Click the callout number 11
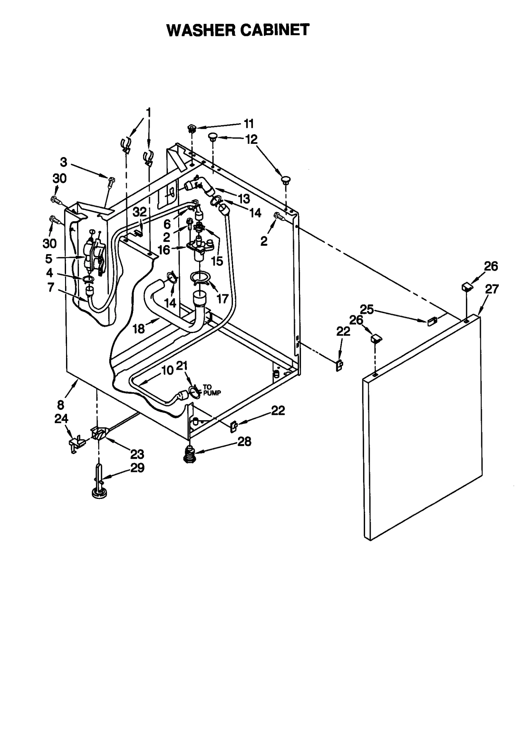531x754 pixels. click(x=249, y=124)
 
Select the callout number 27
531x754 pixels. click(x=492, y=289)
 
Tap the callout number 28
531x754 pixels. click(x=244, y=441)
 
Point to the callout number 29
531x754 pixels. click(x=137, y=468)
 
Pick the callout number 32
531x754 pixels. click(x=140, y=212)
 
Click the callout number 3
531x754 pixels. click(x=64, y=162)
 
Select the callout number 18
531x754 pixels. click(x=139, y=329)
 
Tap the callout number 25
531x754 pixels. click(x=367, y=310)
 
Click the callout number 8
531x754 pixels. click(x=61, y=405)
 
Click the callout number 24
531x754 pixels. click(x=61, y=419)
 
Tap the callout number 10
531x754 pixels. click(x=168, y=370)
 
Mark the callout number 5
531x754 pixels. click(x=49, y=258)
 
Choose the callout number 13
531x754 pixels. click(x=244, y=199)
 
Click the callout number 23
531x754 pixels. click(x=137, y=454)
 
